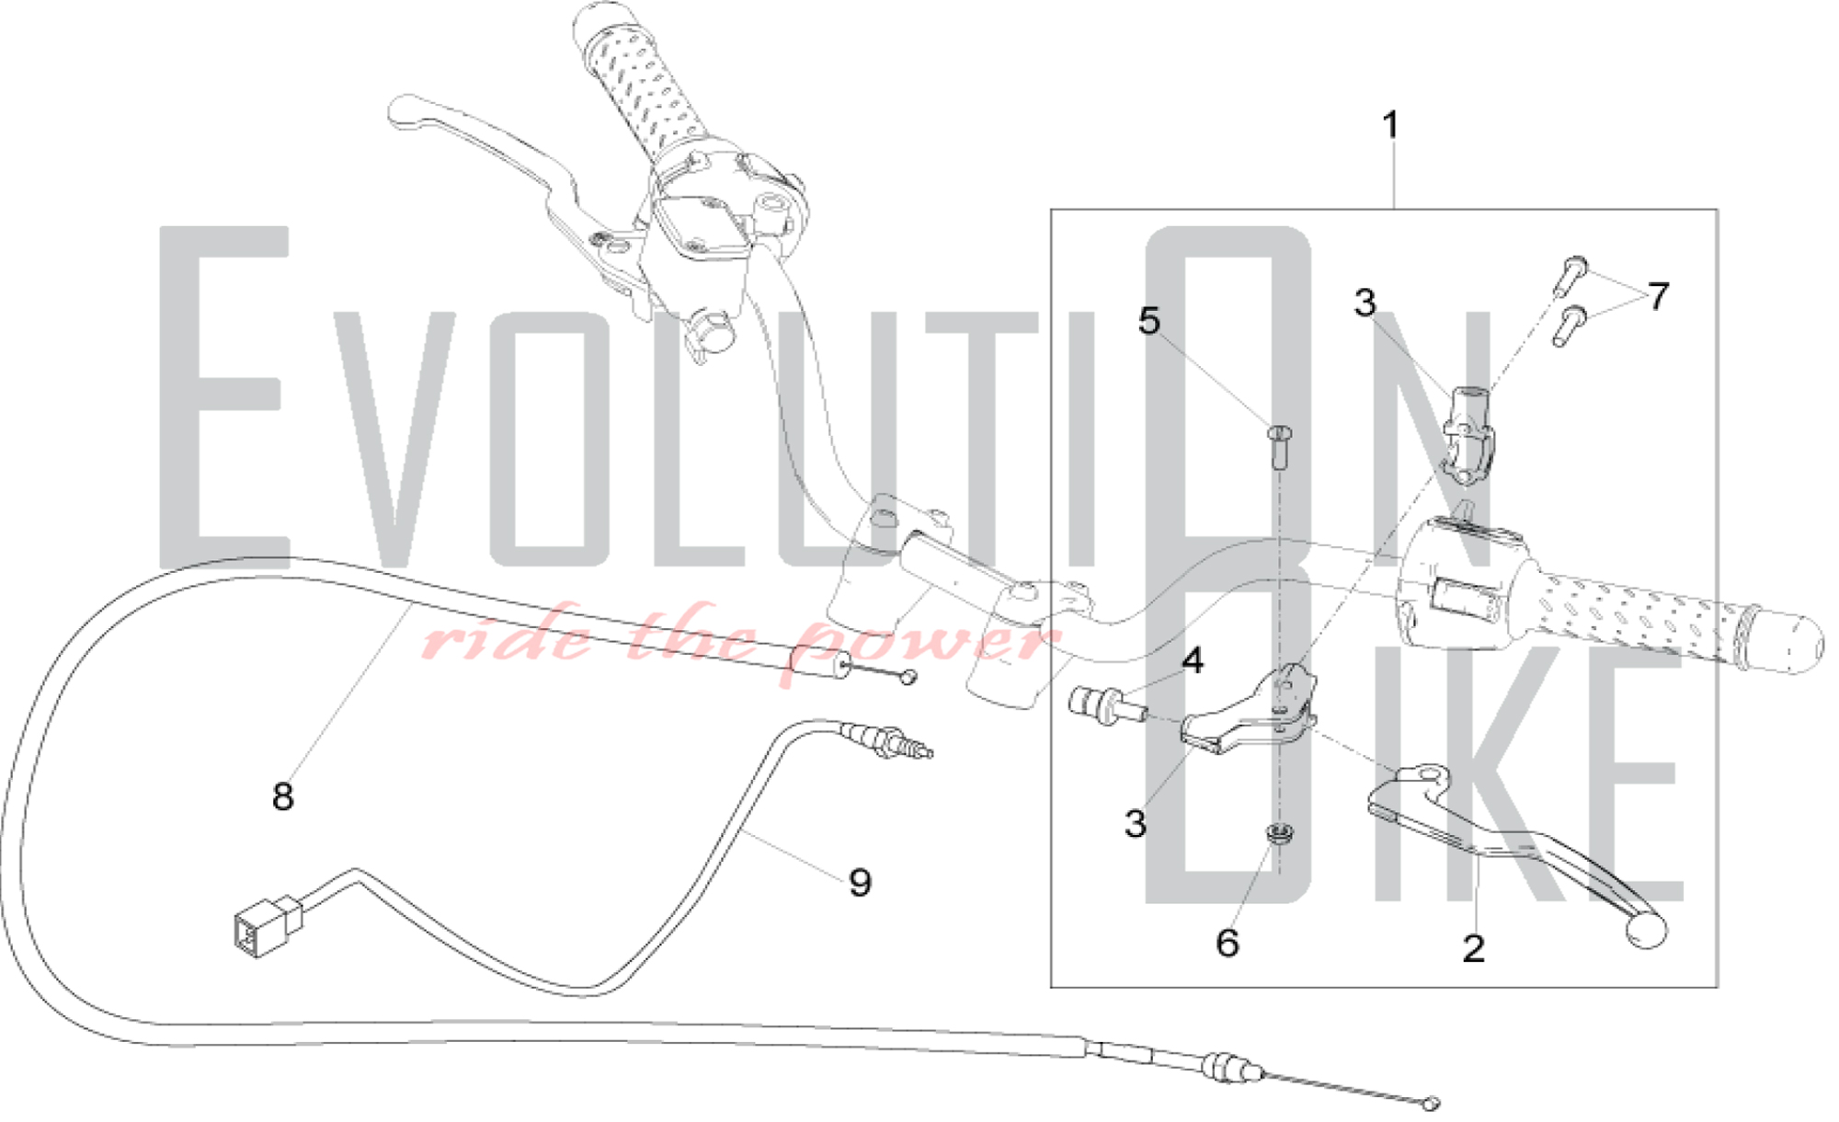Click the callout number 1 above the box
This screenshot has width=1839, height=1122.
pos(1390,125)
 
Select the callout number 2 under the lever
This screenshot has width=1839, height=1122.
pos(1473,948)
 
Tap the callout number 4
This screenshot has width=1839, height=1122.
pos(1193,660)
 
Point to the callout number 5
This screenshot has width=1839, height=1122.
pos(1149,321)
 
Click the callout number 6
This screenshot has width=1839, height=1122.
pos(1228,943)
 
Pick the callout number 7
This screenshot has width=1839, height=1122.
pos(1658,296)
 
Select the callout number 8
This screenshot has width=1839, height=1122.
pos(282,796)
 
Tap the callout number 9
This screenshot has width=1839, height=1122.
pos(860,882)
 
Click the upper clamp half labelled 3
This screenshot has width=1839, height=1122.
pos(1468,433)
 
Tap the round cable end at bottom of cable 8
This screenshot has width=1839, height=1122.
pos(1429,1103)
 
